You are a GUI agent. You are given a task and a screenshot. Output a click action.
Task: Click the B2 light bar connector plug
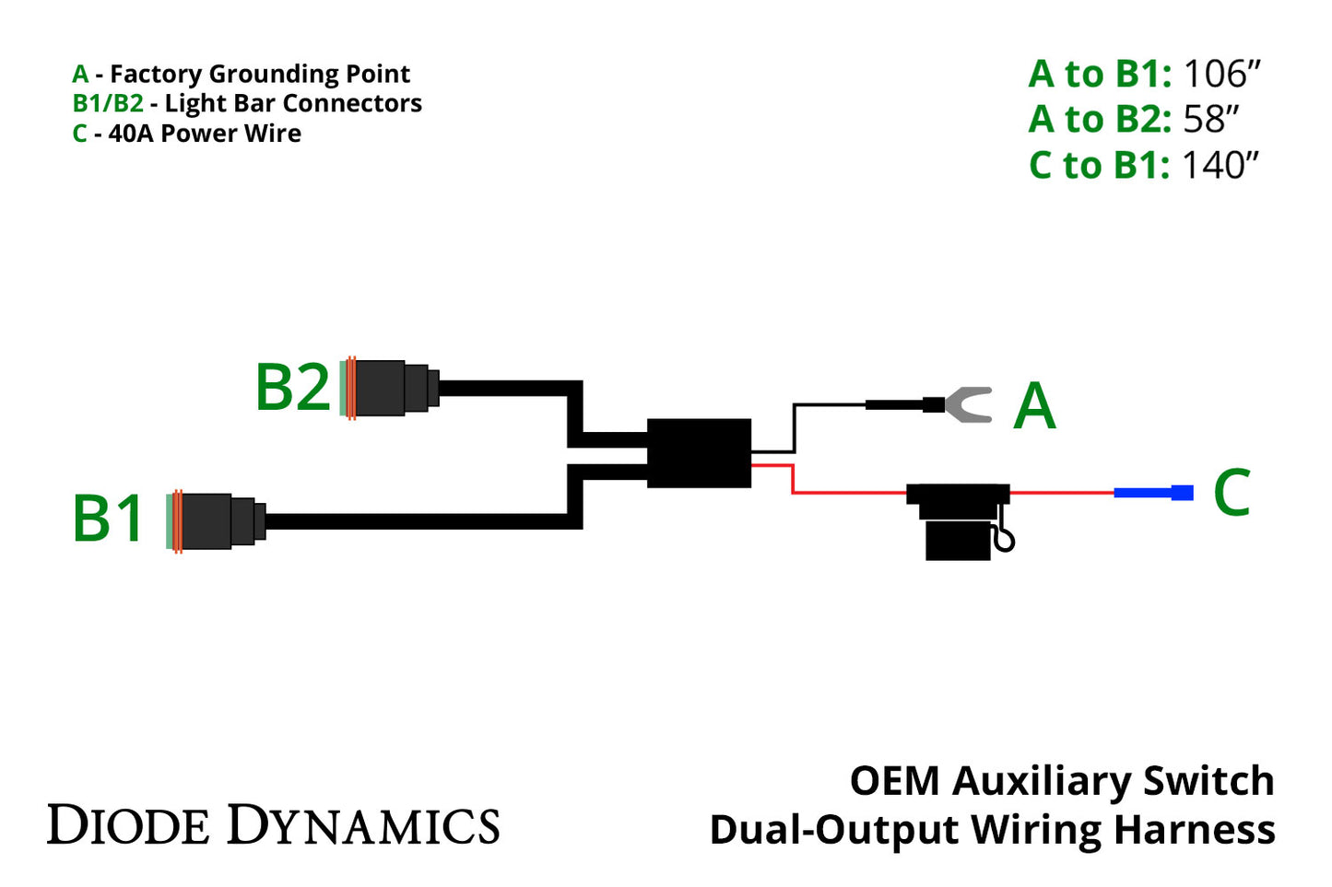point(387,388)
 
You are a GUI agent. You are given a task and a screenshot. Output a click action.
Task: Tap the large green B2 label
point(292,387)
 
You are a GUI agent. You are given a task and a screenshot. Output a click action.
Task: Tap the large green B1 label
point(109,518)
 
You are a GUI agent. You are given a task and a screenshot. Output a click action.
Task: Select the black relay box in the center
point(699,452)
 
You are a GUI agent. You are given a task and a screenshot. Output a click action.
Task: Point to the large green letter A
point(1034,406)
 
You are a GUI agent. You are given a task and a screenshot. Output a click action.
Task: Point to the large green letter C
point(1232,493)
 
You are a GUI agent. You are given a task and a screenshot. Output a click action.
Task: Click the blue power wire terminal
point(1153,493)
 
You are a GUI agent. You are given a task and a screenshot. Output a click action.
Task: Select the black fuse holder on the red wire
point(959,521)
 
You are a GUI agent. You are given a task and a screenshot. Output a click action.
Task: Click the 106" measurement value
point(1221,74)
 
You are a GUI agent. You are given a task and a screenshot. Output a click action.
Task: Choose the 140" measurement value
point(1220,165)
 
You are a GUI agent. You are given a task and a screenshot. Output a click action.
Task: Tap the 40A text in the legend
point(132,134)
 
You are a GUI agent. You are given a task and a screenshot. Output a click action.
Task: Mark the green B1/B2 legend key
point(108,103)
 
